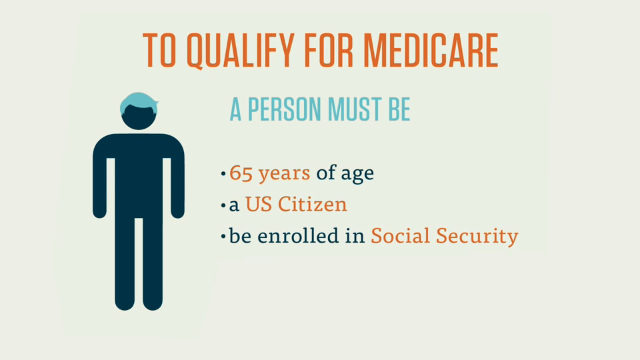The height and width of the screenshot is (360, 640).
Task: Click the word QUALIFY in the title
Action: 241,51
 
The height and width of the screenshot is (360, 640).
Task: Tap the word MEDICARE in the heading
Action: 431,50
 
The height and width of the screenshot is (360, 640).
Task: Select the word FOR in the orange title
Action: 329,50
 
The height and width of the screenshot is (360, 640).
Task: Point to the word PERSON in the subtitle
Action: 284,109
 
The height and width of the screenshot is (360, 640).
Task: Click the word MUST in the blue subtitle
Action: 355,109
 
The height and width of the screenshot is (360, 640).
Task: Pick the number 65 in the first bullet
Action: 241,173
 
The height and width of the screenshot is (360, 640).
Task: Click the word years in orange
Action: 284,174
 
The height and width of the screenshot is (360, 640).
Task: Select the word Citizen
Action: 312,204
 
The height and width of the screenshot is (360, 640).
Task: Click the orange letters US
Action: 259,204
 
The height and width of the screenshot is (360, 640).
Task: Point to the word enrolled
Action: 298,235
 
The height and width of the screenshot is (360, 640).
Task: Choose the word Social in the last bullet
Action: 400,235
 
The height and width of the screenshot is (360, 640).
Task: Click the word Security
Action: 477,236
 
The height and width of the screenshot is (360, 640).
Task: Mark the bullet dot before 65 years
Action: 223,174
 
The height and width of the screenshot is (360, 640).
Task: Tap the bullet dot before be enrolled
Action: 223,236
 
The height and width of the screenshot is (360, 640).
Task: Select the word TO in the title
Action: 159,50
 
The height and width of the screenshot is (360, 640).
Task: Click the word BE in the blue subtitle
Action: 399,109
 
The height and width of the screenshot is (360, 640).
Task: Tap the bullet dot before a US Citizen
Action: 223,205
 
